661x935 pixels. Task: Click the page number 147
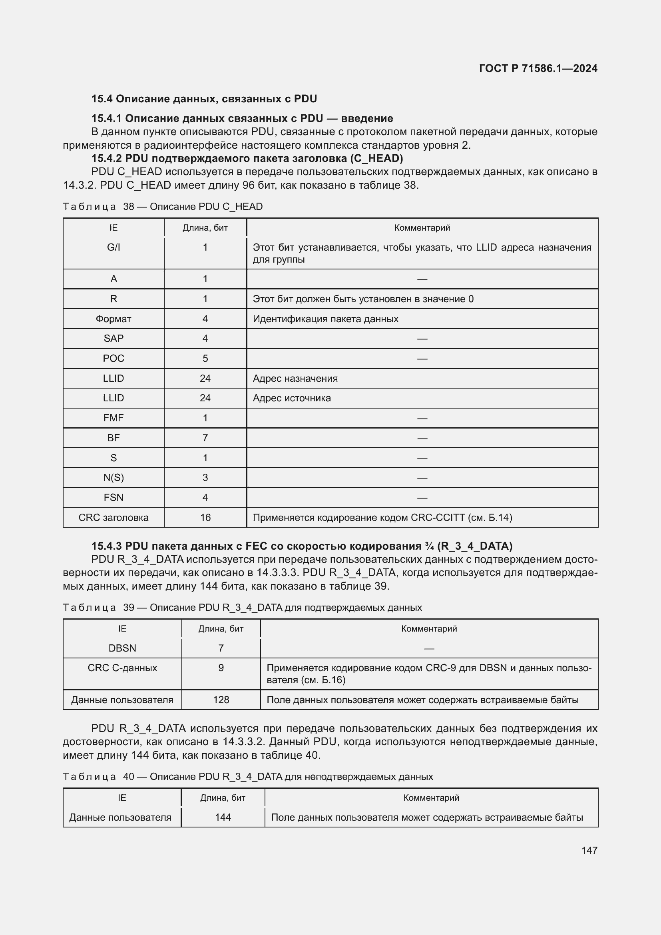[589, 850]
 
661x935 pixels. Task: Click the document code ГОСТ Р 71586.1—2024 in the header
[538, 68]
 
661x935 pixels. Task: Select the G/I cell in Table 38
[113, 247]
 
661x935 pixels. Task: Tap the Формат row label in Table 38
[113, 319]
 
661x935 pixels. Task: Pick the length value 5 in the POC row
[205, 358]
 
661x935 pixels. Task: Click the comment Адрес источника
[291, 398]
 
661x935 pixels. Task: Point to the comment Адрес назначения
[295, 378]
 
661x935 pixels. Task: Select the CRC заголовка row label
[113, 518]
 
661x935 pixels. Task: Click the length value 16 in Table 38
[205, 518]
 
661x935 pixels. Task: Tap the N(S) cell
[113, 478]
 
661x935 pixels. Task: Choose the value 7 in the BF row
[205, 438]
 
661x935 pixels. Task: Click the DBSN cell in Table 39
[122, 648]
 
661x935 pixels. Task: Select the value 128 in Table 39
[221, 700]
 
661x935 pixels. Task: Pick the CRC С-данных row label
[122, 668]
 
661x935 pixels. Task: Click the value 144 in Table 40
[223, 817]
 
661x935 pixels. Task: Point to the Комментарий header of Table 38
[422, 227]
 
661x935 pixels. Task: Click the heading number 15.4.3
[106, 546]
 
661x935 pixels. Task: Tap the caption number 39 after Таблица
[129, 608]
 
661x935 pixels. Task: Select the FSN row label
[113, 498]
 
